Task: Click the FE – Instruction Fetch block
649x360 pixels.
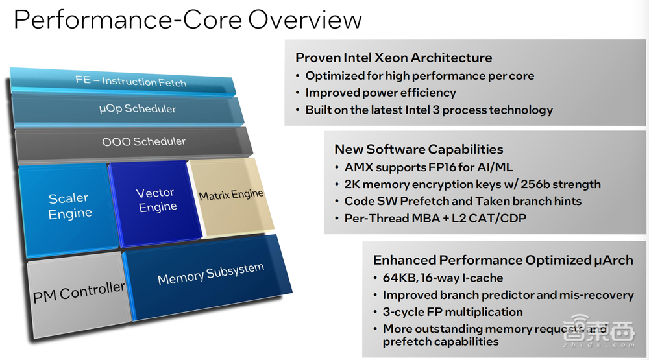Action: click(x=130, y=82)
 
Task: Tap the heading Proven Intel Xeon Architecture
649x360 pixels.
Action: click(x=394, y=58)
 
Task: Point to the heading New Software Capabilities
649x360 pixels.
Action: click(x=419, y=150)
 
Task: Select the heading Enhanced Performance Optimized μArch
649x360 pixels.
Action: click(x=503, y=260)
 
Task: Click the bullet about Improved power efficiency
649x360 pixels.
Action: click(x=381, y=93)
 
